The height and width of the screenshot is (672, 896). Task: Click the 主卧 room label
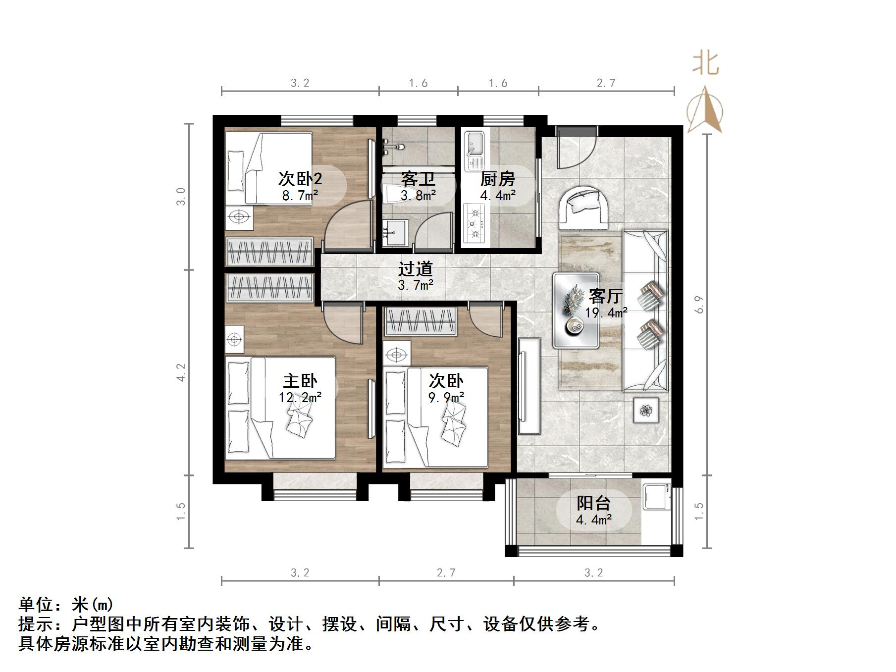[x=300, y=381]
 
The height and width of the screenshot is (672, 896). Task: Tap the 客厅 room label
[x=605, y=296]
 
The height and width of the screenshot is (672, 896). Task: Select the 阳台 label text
[x=593, y=503]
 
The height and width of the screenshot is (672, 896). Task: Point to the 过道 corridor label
[x=416, y=269]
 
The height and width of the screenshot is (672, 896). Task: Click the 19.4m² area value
[x=606, y=313]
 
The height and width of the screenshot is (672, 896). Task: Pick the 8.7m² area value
[x=300, y=196]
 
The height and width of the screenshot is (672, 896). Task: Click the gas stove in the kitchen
[x=474, y=224]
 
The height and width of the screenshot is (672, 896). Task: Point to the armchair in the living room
[x=584, y=207]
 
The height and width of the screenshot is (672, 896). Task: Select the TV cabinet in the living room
[x=529, y=386]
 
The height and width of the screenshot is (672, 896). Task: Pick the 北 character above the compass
[x=705, y=63]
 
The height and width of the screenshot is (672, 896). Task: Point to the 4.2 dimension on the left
[x=181, y=372]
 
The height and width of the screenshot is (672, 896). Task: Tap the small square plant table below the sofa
[x=646, y=410]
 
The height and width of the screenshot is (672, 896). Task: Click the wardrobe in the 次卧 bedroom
[x=420, y=321]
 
